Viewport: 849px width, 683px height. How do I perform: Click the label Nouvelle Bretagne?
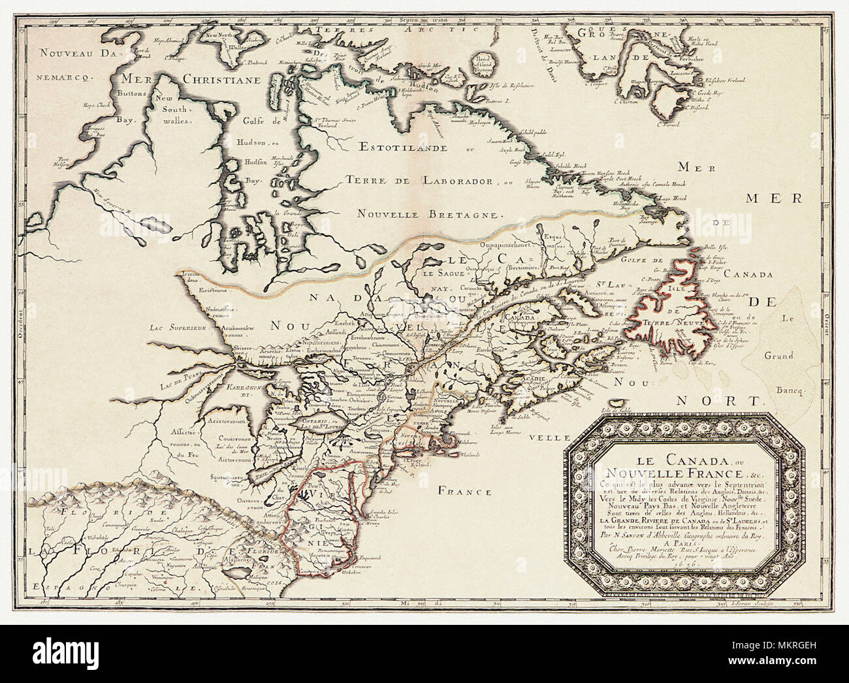pyautogui.click(x=432, y=213)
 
